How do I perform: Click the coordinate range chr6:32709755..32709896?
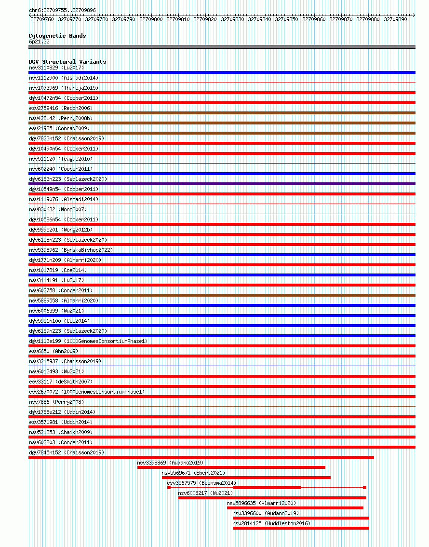[x=62, y=10]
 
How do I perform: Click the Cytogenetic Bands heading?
[x=57, y=36]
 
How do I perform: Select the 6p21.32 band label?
[x=39, y=41]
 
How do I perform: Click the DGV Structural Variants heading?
[x=67, y=62]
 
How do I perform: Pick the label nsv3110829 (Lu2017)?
[x=56, y=68]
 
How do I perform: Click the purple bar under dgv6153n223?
[x=222, y=184]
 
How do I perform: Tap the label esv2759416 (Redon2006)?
[x=60, y=108]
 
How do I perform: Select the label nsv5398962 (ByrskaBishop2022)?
[x=70, y=250]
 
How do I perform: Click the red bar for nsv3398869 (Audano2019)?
[x=231, y=467]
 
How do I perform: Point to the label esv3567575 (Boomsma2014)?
[x=201, y=483]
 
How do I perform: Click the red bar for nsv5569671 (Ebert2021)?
[x=246, y=478]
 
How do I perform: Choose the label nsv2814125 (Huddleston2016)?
[x=271, y=523]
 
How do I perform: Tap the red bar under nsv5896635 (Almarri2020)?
[x=295, y=508]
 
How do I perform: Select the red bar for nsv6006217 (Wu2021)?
[x=272, y=498]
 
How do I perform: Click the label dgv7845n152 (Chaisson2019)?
[x=66, y=452]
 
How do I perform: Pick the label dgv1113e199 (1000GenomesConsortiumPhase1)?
[x=88, y=341]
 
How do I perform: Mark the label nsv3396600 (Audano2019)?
[x=265, y=513]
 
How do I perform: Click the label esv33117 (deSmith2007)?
[x=61, y=382]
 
